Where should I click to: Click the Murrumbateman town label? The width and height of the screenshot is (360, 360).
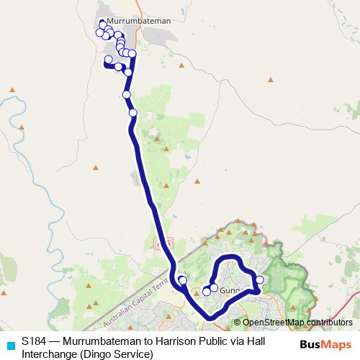[138, 22]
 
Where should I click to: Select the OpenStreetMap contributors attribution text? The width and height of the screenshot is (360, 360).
[292, 323]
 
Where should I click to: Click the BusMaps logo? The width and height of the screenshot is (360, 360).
[325, 344]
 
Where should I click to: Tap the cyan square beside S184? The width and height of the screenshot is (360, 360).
[10, 344]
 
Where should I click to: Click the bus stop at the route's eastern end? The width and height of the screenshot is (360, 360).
[260, 279]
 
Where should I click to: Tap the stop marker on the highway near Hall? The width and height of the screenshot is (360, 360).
[182, 279]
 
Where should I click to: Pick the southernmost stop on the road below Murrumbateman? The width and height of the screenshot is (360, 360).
[132, 112]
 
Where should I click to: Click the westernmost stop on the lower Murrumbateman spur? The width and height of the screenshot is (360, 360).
[108, 59]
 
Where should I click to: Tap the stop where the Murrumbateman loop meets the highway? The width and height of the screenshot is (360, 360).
[132, 54]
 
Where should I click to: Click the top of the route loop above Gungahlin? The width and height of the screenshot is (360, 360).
[229, 257]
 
